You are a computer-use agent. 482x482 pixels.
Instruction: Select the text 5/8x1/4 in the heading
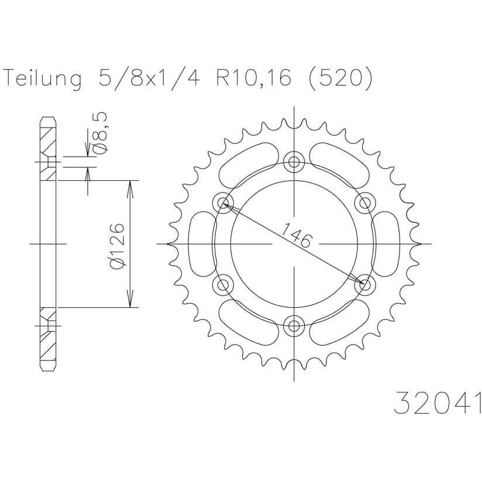coord(148,79)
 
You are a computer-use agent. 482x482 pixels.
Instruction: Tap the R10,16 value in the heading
coord(253,79)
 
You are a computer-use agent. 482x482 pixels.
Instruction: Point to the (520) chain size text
coord(341,79)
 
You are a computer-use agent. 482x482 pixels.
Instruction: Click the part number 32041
coord(438,403)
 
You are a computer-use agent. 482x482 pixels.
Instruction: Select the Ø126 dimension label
coord(117,246)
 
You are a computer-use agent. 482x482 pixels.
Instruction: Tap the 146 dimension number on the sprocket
coord(297,235)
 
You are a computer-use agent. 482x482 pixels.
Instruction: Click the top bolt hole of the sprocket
coord(294,161)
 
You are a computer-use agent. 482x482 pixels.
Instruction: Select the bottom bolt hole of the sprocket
coord(294,326)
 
